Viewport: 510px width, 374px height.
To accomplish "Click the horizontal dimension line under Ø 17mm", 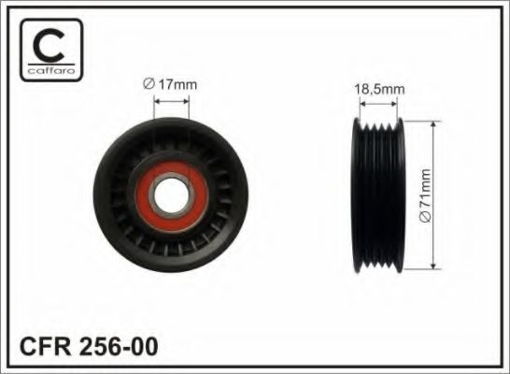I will [x=173, y=98].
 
